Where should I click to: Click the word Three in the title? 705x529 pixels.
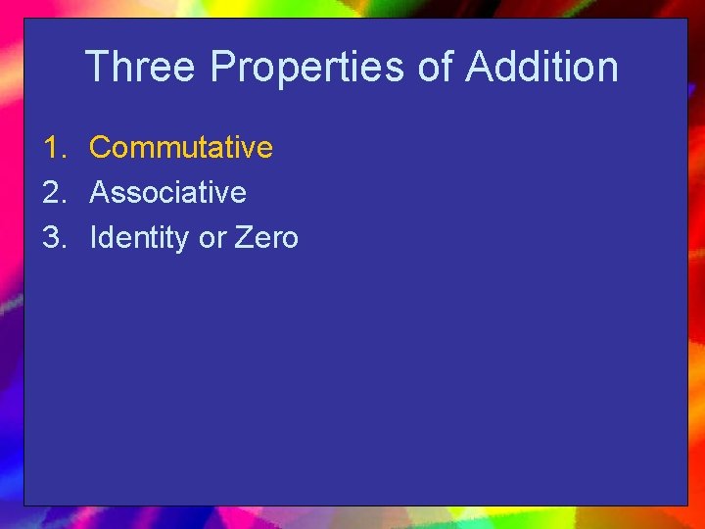[142, 68]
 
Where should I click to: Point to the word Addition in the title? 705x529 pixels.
[541, 68]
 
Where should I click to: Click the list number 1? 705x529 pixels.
[53, 148]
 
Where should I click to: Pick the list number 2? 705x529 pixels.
[53, 193]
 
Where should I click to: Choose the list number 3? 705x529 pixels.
[53, 238]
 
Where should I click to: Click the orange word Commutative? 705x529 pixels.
[181, 148]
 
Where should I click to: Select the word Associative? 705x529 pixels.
[167, 193]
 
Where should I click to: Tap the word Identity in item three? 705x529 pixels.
[139, 238]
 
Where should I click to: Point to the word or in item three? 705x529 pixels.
[211, 238]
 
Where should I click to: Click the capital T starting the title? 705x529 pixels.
[96, 68]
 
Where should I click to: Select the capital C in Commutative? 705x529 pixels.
[99, 148]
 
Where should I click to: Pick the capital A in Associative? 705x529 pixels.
[99, 193]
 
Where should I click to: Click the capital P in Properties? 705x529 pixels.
[222, 68]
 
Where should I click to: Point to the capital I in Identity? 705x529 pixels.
[93, 238]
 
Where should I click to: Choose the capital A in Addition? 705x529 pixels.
[479, 68]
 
